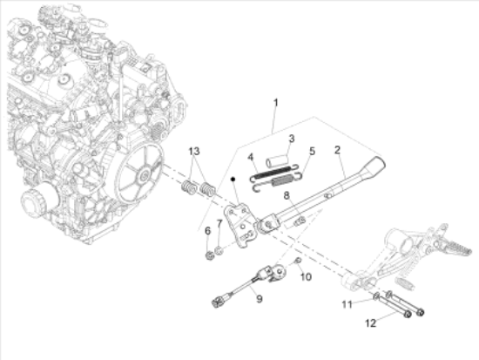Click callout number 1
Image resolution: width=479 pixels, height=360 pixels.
275,104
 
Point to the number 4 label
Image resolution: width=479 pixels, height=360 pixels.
249,158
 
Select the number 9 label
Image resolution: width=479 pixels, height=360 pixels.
220,226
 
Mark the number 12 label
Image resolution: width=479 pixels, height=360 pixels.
305,276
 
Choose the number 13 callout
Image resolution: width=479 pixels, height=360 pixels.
347,303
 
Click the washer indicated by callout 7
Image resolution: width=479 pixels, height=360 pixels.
220,251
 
